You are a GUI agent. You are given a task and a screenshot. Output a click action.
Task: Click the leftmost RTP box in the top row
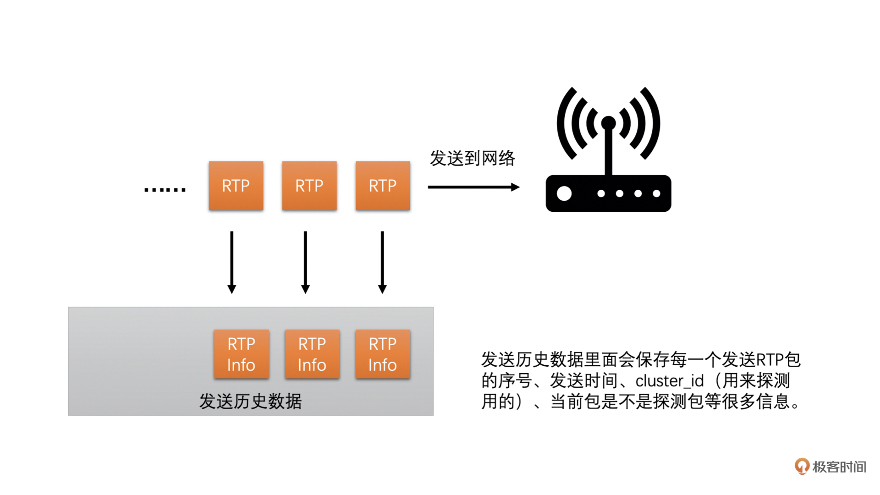coord(236,186)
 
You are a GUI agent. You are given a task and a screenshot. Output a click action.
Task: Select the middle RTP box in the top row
coord(309,186)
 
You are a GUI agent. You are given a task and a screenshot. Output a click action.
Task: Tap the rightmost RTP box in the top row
coord(383,186)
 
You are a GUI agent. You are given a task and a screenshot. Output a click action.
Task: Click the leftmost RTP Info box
coord(242,354)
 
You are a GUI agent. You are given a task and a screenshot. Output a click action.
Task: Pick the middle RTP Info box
coord(312,354)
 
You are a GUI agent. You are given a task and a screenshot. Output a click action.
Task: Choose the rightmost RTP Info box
coord(383,354)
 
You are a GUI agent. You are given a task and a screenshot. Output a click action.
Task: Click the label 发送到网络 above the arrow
coord(472,158)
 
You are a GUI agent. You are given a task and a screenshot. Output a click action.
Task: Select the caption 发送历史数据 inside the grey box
coord(250,401)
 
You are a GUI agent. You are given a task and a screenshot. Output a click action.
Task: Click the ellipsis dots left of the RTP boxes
coord(165,189)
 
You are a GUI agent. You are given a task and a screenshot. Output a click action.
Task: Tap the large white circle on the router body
coord(564,193)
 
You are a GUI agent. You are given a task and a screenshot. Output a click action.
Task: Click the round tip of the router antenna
coord(608,122)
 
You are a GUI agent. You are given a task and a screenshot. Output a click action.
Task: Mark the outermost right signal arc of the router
coord(653,123)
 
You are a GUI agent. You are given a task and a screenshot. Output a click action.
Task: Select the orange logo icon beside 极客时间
coord(802,466)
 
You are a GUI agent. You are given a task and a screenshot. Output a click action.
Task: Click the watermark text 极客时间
coord(839,467)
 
